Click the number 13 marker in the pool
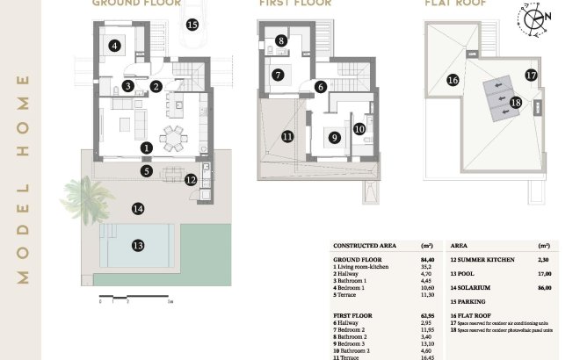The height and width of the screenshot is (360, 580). click(137, 245)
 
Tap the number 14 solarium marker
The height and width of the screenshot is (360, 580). click(137, 209)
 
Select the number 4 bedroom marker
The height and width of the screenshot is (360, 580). click(113, 46)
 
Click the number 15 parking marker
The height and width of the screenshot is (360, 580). click(192, 25)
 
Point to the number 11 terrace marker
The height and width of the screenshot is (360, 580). click(287, 136)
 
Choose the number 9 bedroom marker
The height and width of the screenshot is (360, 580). click(334, 137)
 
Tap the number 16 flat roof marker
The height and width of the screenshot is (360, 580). click(453, 80)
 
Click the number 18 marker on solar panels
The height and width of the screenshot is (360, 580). click(516, 103)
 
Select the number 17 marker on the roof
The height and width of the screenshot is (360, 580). click(531, 76)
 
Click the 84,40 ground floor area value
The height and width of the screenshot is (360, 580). click(429, 259)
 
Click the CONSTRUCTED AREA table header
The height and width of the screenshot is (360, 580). click(364, 247)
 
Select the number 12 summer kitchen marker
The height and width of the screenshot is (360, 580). click(192, 180)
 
